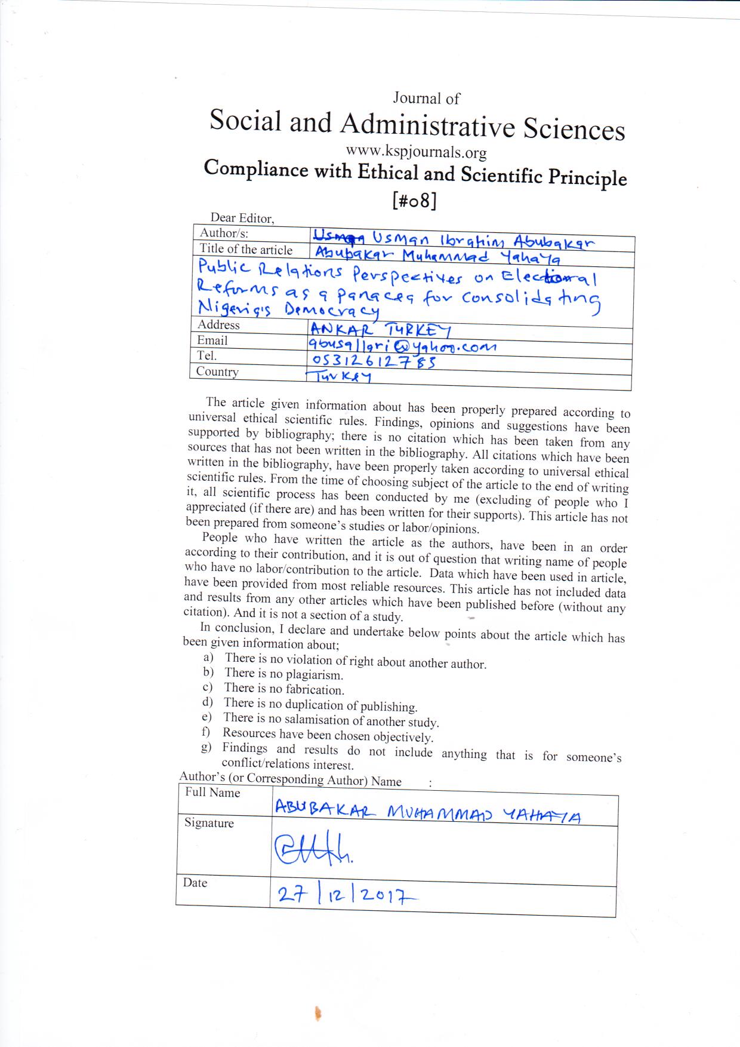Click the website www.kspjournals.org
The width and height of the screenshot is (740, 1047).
(416, 152)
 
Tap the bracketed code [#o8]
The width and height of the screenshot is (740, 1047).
(414, 201)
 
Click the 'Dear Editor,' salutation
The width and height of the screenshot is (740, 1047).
(242, 218)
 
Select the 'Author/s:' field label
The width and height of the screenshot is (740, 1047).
(224, 233)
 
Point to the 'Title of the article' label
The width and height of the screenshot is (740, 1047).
(246, 250)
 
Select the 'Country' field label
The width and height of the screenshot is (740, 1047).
(217, 371)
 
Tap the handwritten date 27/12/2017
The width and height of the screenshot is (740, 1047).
(346, 894)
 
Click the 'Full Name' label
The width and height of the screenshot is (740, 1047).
(212, 793)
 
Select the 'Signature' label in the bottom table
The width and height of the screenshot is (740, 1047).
(209, 823)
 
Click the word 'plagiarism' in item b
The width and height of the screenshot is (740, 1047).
(313, 676)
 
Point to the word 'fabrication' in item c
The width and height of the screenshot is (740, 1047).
(314, 690)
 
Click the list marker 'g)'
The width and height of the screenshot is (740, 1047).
(206, 748)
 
